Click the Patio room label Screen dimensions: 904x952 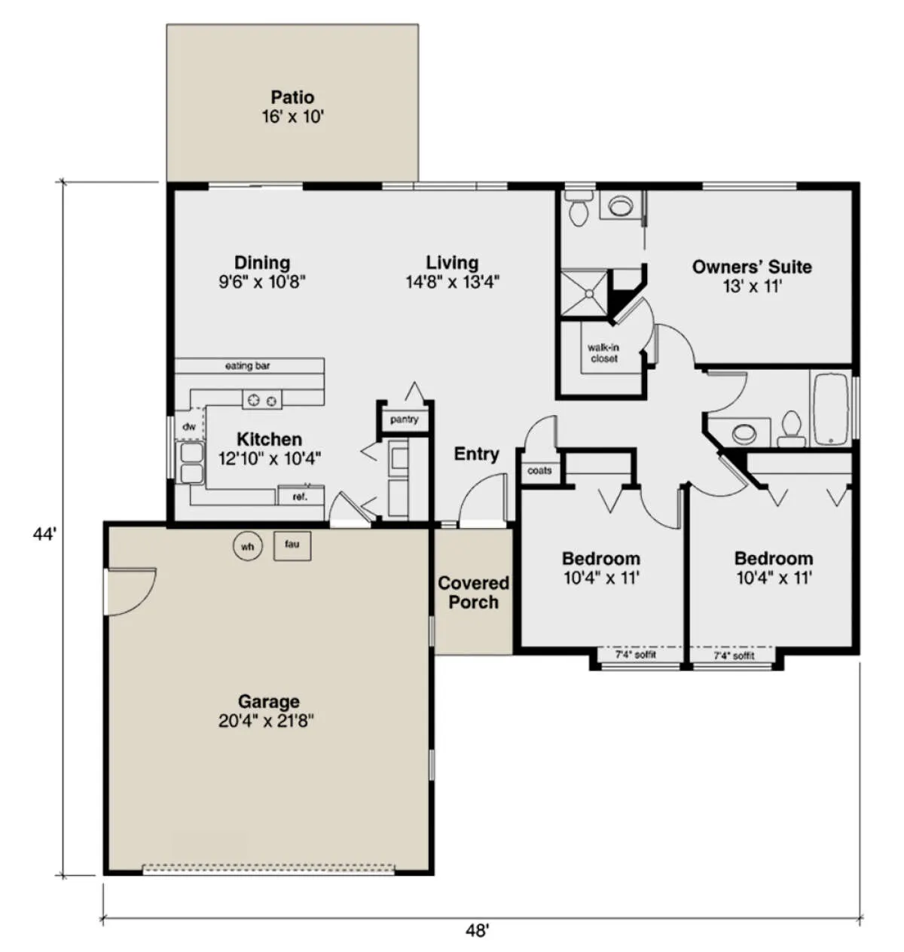292,97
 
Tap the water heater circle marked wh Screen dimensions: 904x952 248,547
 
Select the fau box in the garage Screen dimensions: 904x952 292,546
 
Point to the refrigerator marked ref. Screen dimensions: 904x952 301,496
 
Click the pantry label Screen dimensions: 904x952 404,420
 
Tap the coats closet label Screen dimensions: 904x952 539,471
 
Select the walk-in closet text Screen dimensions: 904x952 603,353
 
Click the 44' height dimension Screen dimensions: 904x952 44,534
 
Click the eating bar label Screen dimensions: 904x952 248,365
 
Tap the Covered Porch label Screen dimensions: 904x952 473,592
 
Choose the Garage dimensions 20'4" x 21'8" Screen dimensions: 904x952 266,721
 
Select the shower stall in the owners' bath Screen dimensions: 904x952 584,294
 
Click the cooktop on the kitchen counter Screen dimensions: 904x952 262,400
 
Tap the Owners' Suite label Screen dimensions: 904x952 751,267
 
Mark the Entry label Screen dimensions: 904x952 476,454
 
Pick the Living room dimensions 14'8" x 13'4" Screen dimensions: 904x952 453,282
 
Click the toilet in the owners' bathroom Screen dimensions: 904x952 579,209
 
